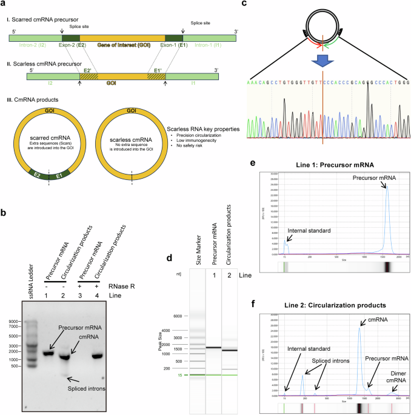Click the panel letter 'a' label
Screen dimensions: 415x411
[x=5, y=5]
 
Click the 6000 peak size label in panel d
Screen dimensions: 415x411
[x=176, y=316]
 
